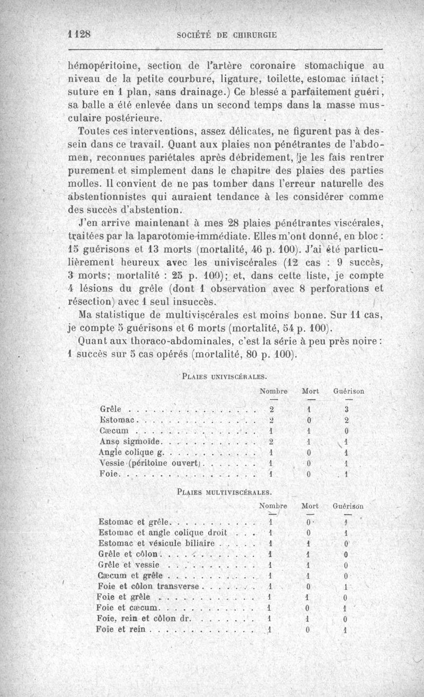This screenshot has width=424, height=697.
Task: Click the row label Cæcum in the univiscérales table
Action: [x=111, y=431]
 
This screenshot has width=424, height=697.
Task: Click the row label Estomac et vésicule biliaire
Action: [x=156, y=543]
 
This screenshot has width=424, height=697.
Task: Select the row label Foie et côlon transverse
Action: [x=148, y=587]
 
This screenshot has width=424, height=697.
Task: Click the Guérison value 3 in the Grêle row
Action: [x=346, y=409]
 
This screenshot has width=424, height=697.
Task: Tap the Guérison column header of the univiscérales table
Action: [x=348, y=391]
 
